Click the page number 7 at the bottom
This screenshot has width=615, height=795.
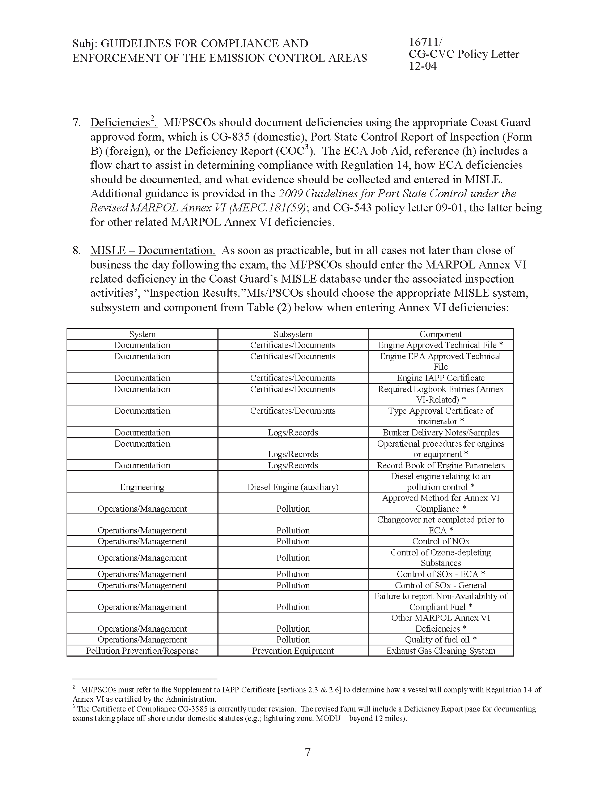[307, 752]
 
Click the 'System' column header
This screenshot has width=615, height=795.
[142, 334]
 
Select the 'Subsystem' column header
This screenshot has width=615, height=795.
[293, 334]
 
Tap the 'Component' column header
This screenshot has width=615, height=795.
[441, 334]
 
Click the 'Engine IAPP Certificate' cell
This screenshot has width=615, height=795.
[441, 378]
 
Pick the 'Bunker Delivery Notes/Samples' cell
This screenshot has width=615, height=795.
[441, 433]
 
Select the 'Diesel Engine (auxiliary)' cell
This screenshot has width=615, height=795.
[293, 487]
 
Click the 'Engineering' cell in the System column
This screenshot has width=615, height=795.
[142, 487]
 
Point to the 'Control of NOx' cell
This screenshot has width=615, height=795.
[441, 541]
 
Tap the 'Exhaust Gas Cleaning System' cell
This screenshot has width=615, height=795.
[441, 651]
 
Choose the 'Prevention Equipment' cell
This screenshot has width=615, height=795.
[293, 651]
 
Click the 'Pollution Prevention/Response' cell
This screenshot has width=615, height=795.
[142, 651]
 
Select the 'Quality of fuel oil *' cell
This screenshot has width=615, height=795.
[441, 640]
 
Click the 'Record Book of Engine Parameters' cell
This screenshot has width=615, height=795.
[441, 465]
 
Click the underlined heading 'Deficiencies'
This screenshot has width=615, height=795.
[120, 123]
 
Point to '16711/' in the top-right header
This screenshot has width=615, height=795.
[425, 43]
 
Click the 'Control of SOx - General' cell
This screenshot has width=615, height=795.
[441, 585]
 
